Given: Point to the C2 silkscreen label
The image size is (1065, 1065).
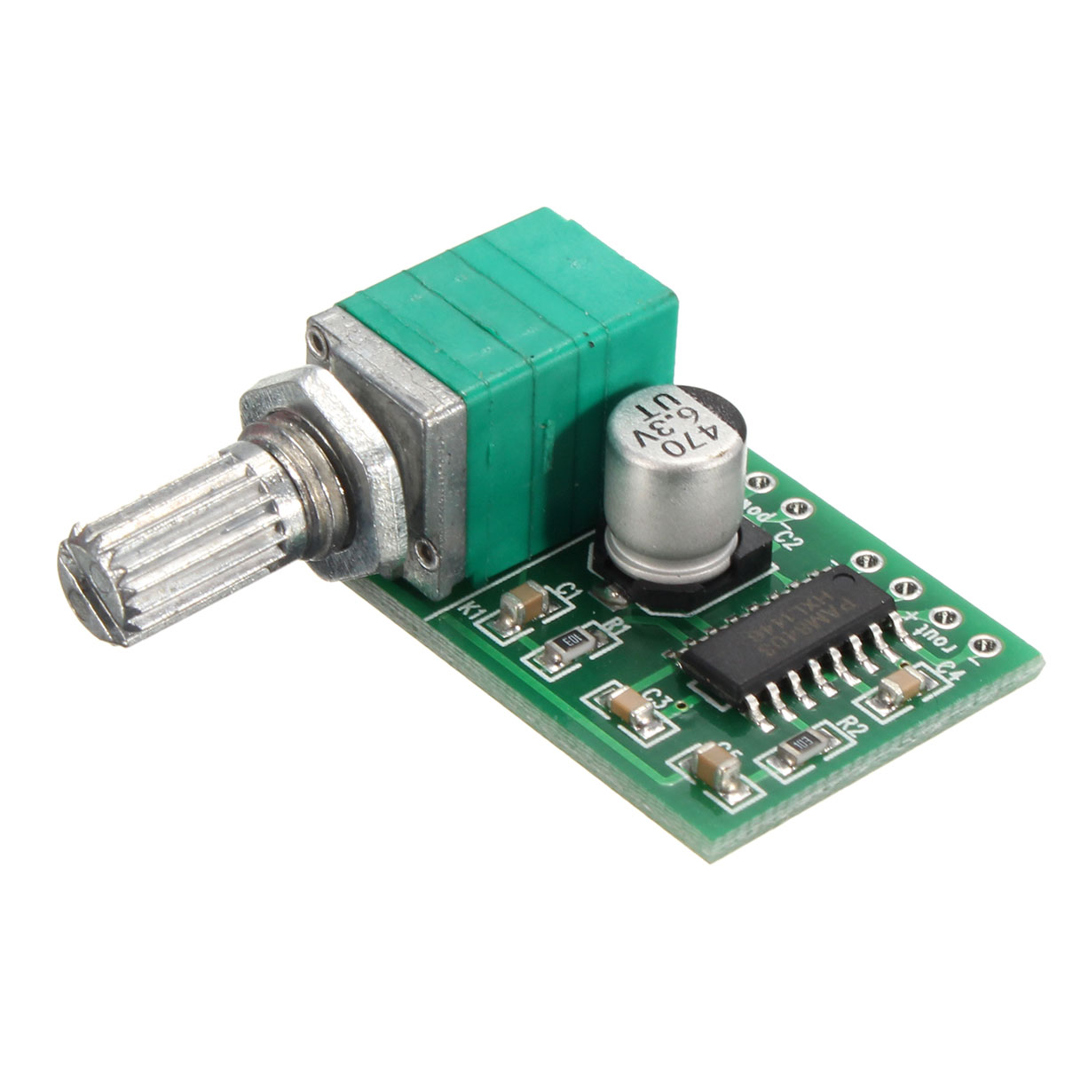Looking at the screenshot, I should (x=784, y=537).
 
